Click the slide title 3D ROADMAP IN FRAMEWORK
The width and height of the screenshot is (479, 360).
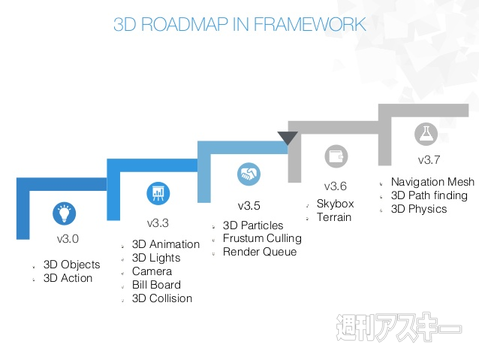tap(239, 23)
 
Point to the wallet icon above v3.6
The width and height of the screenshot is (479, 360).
tap(336, 155)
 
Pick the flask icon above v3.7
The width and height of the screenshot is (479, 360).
tap(426, 134)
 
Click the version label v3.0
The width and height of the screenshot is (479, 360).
tap(68, 240)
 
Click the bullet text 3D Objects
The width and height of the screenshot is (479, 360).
tap(73, 264)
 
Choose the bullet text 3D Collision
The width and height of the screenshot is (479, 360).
tap(162, 298)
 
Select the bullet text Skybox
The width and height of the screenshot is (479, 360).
tap(336, 203)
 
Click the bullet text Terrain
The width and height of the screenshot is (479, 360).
tap(334, 216)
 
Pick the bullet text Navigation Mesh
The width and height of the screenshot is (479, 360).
tap(433, 182)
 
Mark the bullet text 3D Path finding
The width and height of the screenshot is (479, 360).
tap(431, 195)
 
